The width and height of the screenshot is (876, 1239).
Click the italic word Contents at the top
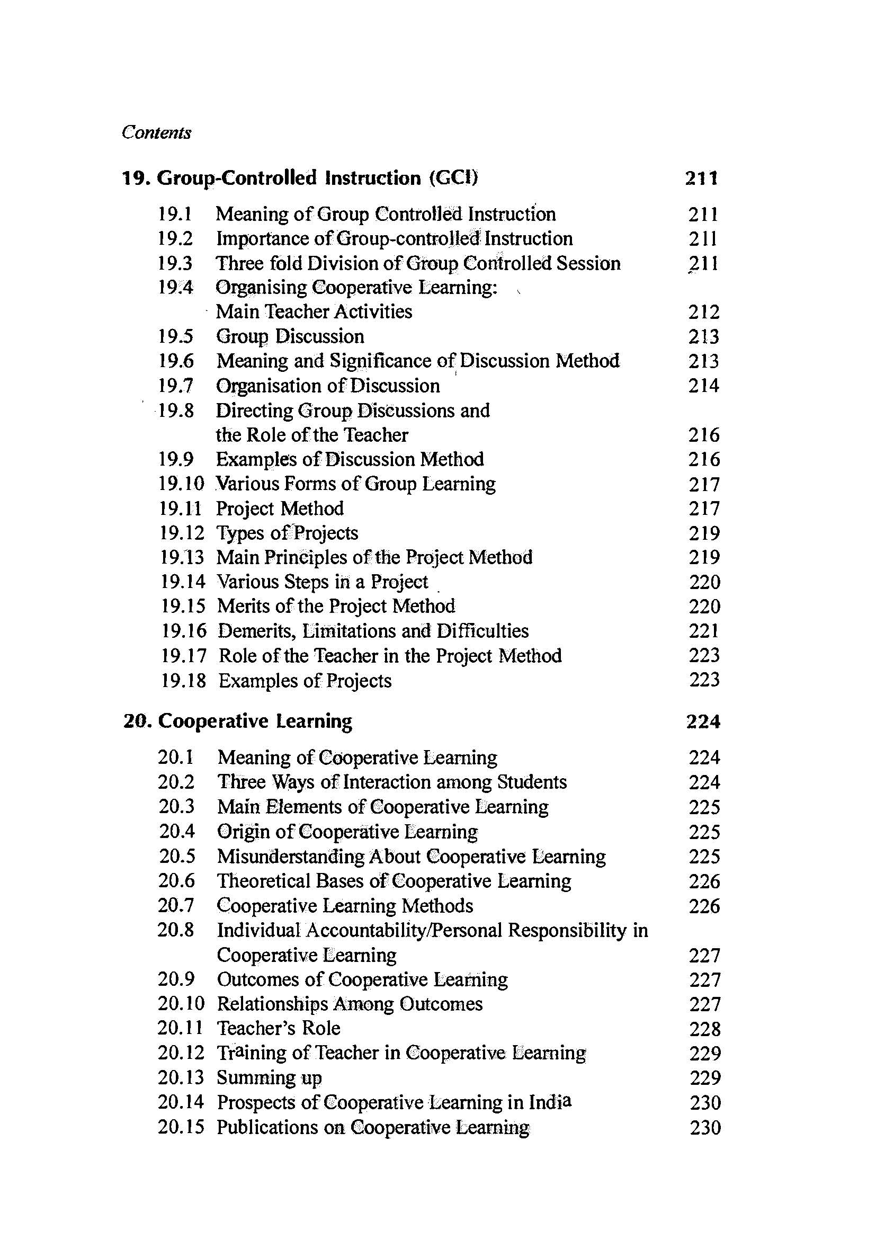click(x=156, y=133)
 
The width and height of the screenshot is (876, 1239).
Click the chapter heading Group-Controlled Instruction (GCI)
click(x=317, y=177)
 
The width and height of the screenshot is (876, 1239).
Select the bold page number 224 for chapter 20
click(x=703, y=721)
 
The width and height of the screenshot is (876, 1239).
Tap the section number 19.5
click(x=176, y=336)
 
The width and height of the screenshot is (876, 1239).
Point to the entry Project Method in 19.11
click(x=280, y=509)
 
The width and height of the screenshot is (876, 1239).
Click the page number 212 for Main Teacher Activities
click(x=703, y=312)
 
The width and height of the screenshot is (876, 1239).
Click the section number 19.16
click(x=183, y=630)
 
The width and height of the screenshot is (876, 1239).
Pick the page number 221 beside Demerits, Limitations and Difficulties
click(x=704, y=630)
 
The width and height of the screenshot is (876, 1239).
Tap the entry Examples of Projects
click(x=305, y=681)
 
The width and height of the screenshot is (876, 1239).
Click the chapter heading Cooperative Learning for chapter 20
click(x=255, y=721)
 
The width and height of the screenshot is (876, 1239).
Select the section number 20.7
click(x=176, y=905)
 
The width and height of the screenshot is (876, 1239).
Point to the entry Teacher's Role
click(x=279, y=1028)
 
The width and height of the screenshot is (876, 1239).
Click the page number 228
click(x=704, y=1029)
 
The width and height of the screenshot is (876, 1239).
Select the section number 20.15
click(x=181, y=1127)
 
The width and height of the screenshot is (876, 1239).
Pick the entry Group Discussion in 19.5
click(x=290, y=336)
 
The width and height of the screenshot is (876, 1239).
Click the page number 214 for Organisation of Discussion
click(x=703, y=385)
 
